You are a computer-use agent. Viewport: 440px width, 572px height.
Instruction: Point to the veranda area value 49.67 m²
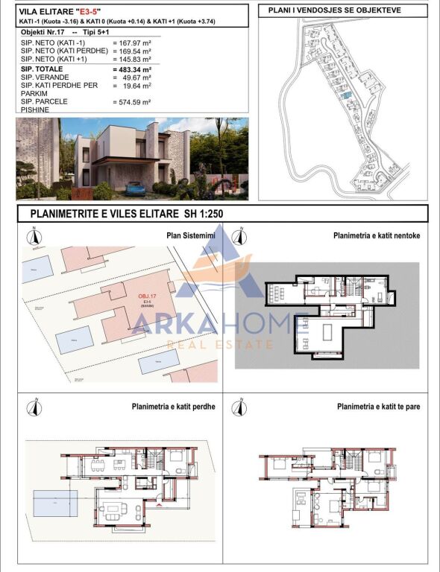(132, 77)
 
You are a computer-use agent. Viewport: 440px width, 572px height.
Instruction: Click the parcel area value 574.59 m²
(132, 102)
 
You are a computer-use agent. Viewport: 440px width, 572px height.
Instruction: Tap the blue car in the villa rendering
(135, 188)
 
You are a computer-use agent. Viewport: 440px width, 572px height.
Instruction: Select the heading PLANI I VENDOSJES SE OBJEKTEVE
(339, 10)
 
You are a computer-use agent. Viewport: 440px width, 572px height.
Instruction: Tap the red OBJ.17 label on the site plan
(148, 296)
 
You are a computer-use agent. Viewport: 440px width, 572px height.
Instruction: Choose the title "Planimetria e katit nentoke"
(377, 235)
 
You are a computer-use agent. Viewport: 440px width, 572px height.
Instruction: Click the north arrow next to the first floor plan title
(239, 407)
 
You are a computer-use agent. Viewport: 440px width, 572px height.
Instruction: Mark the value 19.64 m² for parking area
(132, 86)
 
